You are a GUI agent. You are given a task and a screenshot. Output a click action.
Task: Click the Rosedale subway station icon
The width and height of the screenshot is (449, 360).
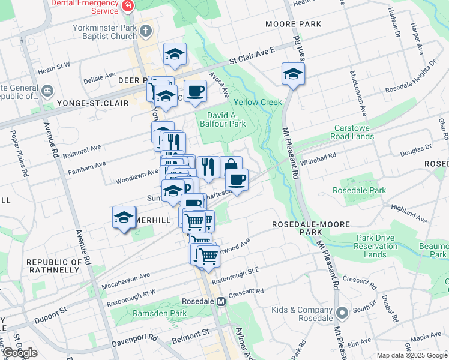[221, 301]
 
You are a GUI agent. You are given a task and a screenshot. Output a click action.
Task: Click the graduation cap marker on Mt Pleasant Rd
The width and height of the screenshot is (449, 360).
[293, 74]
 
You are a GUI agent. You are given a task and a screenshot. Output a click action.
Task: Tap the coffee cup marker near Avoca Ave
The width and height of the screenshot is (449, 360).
[195, 91]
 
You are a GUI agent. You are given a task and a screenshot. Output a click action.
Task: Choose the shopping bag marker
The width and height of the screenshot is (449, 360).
[231, 167]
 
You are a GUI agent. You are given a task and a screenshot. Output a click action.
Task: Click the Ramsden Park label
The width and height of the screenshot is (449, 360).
[159, 313]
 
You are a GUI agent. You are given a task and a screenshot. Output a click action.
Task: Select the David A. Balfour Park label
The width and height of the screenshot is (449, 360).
[226, 119]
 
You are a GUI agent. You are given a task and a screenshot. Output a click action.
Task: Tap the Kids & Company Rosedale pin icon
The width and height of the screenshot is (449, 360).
[342, 313]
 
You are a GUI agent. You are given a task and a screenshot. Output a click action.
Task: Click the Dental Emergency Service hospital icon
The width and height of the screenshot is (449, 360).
[127, 7]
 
